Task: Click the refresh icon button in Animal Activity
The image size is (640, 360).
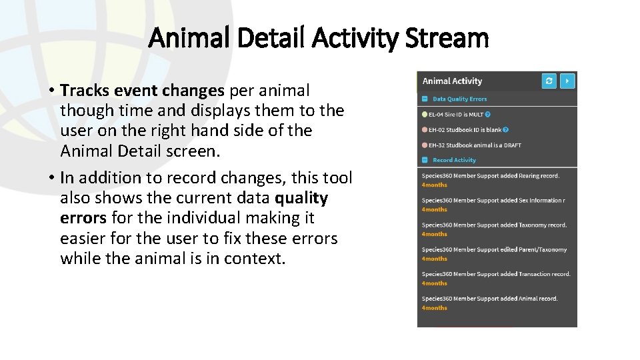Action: click(x=549, y=81)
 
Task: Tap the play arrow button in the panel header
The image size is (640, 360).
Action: click(x=567, y=81)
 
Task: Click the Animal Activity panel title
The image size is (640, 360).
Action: click(x=453, y=81)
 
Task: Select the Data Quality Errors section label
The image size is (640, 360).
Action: click(x=459, y=99)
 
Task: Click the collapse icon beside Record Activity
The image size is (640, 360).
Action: click(x=425, y=160)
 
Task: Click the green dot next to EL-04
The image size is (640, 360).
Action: click(x=425, y=114)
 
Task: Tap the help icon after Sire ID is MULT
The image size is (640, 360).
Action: click(x=488, y=114)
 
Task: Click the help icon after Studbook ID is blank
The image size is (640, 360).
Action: click(x=505, y=129)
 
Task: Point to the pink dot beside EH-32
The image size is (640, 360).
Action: click(x=425, y=145)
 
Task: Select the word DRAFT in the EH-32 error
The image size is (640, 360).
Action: click(x=513, y=145)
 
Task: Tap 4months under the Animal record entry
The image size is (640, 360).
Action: click(x=435, y=308)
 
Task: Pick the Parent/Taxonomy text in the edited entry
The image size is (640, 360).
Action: click(x=541, y=249)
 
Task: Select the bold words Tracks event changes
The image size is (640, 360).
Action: click(x=142, y=90)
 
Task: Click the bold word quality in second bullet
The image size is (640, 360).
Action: click(x=301, y=198)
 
